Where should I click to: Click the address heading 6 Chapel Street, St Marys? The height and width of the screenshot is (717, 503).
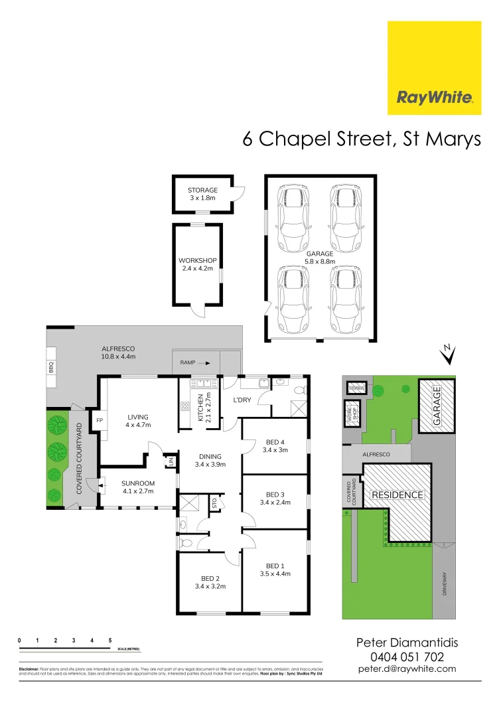point(361,139)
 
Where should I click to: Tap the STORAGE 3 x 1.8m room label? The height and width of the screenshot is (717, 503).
point(202,194)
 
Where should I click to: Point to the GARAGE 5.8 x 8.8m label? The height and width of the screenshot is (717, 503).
point(320,258)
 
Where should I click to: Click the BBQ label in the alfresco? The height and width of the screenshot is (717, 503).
point(50,366)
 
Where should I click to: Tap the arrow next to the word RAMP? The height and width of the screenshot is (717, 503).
point(207,363)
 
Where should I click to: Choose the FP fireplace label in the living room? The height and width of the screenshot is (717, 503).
point(100,421)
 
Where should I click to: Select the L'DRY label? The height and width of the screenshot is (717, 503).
point(240,400)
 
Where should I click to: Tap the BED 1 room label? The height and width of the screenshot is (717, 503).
point(275,569)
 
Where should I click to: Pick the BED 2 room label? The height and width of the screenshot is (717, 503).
point(210,582)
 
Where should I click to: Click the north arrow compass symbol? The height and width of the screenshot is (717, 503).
point(449,355)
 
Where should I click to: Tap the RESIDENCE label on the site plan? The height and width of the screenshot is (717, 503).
point(397,495)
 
